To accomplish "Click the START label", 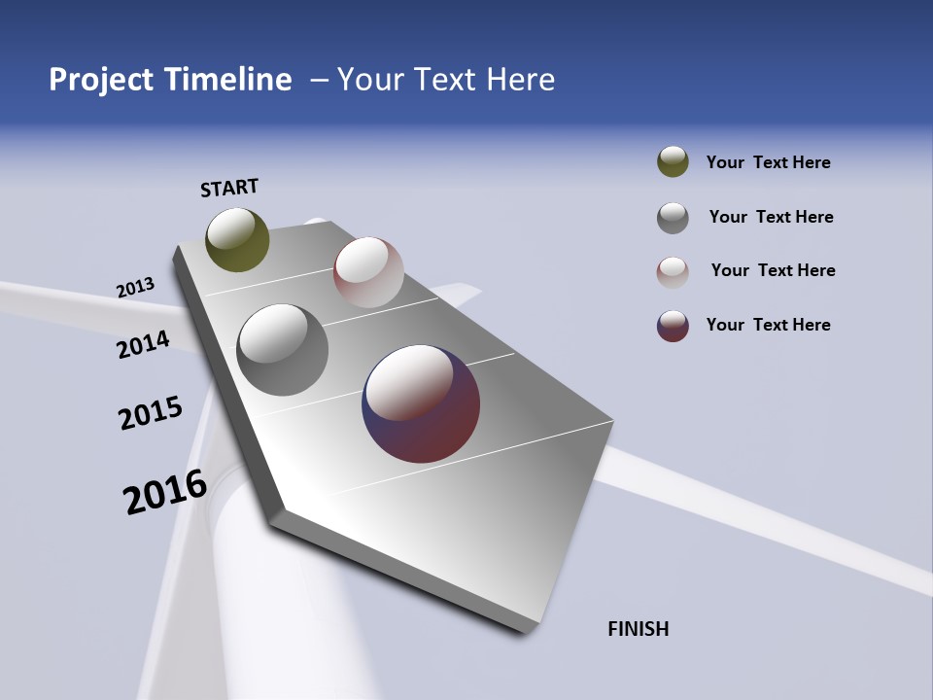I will coord(229,188).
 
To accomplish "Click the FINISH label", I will coord(638,629).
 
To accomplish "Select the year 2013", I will coord(135,288).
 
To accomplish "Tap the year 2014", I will coord(143,344).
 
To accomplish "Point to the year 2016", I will coord(165,492).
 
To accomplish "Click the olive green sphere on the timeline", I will coord(237,239).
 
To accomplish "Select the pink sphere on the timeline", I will coord(368,272).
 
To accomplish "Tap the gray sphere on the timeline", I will coord(282,350).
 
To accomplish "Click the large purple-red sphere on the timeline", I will coord(421,403).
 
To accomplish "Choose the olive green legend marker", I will coord(673,161).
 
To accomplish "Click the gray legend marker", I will coord(673,218).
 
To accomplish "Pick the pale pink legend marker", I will coord(673,272).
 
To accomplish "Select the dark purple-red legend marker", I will coord(673,326).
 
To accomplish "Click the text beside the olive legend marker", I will coord(768,162).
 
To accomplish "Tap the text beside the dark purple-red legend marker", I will coord(768,325).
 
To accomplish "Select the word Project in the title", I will coord(100,80).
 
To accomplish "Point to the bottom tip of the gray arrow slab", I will coord(525,630).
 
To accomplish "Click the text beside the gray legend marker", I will coord(771,217).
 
